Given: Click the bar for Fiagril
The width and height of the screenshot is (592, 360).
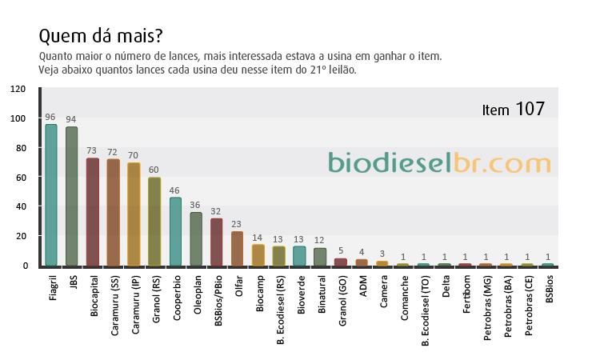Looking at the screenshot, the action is (51, 195).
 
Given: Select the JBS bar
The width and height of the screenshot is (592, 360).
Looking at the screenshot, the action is (72, 196).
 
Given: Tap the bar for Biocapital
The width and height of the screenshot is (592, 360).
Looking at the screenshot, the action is (93, 212).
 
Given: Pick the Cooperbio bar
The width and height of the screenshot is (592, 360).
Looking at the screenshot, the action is (175, 232).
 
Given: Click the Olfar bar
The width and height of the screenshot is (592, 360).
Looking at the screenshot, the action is (237, 249).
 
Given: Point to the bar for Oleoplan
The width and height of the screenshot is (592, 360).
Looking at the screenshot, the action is (196, 239).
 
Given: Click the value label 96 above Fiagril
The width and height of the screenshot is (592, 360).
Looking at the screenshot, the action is (50, 117).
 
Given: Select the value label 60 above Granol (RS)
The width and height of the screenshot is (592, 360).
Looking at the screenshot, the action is (154, 170).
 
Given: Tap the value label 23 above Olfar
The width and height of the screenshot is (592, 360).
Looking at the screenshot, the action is (236, 224).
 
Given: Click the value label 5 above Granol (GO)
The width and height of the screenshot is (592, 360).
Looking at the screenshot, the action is (341, 250).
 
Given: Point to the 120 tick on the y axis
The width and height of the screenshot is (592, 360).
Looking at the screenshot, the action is (18, 89).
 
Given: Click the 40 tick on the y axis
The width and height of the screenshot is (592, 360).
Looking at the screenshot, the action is (21, 206).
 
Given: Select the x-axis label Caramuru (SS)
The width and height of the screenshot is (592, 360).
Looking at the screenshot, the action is (114, 306).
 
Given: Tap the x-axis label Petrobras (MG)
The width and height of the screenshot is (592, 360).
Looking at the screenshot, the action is (487, 308).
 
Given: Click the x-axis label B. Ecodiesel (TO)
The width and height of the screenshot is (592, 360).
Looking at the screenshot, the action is (426, 310).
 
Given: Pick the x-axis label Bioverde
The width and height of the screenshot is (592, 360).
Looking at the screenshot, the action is (301, 294).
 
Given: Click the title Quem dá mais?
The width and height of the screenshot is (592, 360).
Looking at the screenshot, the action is (101, 36).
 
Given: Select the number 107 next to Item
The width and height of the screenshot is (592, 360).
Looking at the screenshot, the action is (530, 109).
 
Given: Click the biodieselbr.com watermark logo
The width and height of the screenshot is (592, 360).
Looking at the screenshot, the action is (439, 162).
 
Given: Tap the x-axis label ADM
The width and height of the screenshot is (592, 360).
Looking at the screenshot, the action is (363, 286).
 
